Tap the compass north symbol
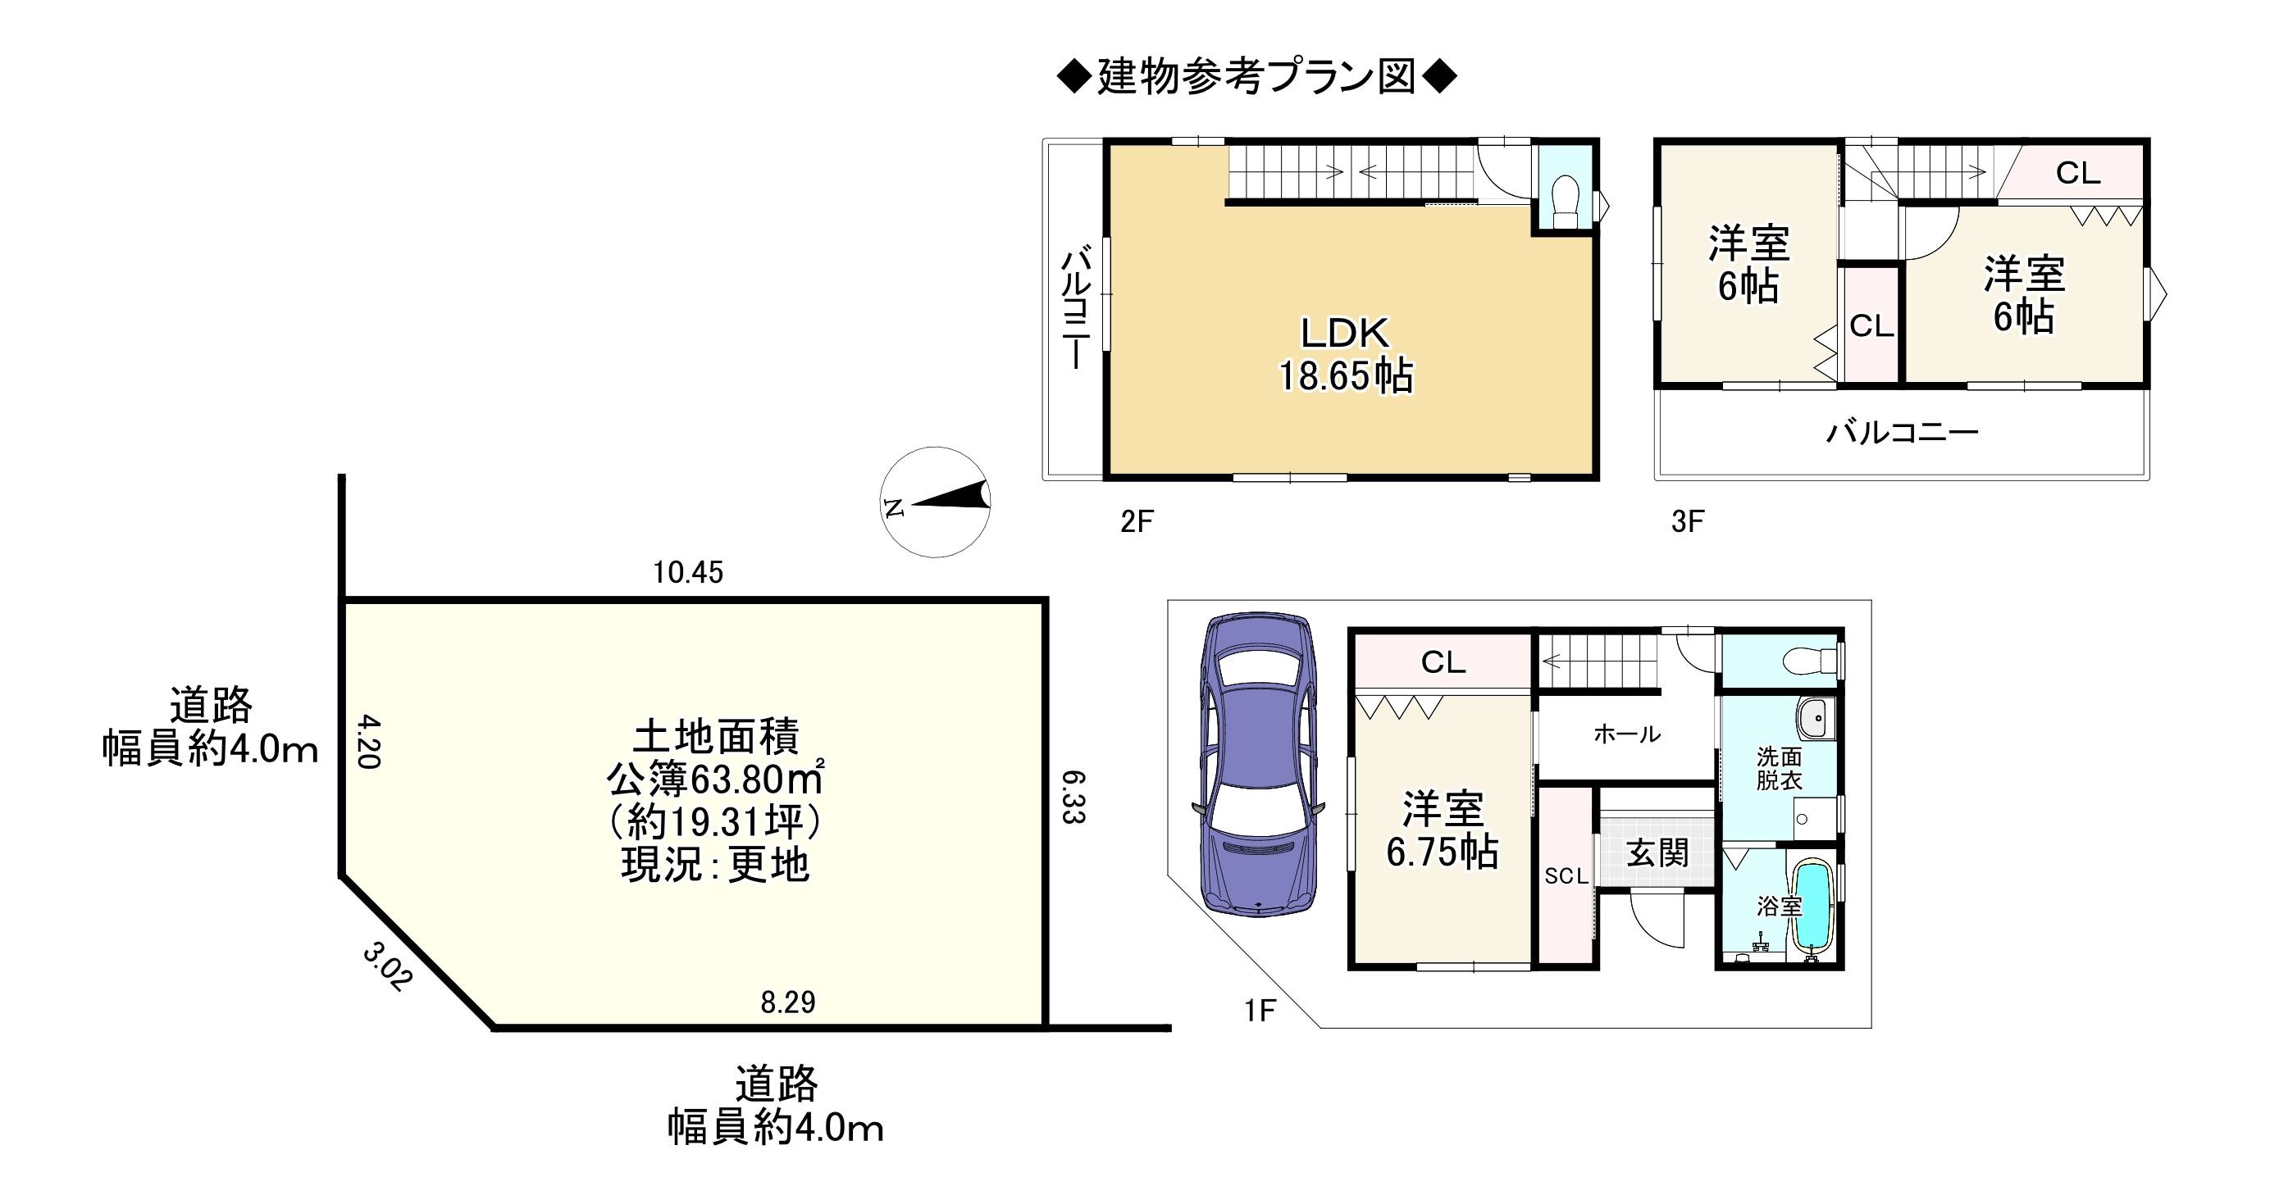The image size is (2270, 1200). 935,502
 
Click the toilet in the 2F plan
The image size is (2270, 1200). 1565,202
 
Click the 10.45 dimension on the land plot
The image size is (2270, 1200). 687,573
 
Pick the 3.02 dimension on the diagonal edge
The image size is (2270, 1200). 386,966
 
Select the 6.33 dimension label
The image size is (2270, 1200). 1073,797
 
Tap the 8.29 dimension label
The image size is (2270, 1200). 788,1002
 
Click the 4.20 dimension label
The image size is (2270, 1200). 368,741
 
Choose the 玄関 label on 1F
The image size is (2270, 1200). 1657,852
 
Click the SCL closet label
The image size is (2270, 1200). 1566,875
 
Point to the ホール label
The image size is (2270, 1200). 1627,734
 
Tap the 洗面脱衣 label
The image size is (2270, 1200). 1778,768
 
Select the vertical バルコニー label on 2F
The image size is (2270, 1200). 1075,307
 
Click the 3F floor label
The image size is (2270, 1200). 1688,521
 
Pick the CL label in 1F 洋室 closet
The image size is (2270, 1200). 1443,661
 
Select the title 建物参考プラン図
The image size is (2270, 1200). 1256,77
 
